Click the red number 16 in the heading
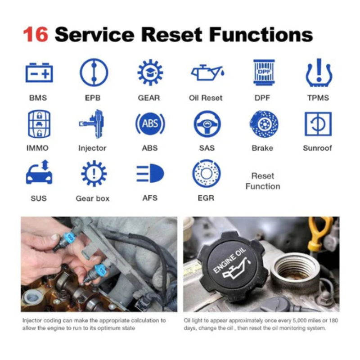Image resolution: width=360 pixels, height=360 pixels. pos(36,35)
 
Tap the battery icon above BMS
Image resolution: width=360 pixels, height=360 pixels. pos(39,72)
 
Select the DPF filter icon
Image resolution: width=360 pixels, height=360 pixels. pos(264,72)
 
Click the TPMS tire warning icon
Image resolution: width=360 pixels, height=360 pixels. pos(319,72)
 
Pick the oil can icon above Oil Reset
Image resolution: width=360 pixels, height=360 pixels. pos(207,72)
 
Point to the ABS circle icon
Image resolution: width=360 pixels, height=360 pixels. pos(150,124)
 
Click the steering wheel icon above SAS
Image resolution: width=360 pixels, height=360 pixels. pos(207,124)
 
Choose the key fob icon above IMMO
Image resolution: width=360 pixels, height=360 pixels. pos(39,124)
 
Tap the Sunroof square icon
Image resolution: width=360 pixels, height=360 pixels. pos(318,124)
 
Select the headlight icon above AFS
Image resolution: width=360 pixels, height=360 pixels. pos(150,173)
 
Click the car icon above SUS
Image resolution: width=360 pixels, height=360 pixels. pos(39,172)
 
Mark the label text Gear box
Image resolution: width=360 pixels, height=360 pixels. pos(93,198)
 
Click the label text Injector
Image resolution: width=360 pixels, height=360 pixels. pos(92,148)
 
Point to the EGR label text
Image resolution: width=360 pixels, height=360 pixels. pos(206,198)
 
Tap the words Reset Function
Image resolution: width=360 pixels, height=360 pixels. pos(263,181)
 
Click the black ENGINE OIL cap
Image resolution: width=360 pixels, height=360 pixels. pos(233,266)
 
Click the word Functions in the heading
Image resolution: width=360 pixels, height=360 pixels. pos(261,35)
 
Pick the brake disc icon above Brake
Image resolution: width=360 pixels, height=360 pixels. pos(264,124)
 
